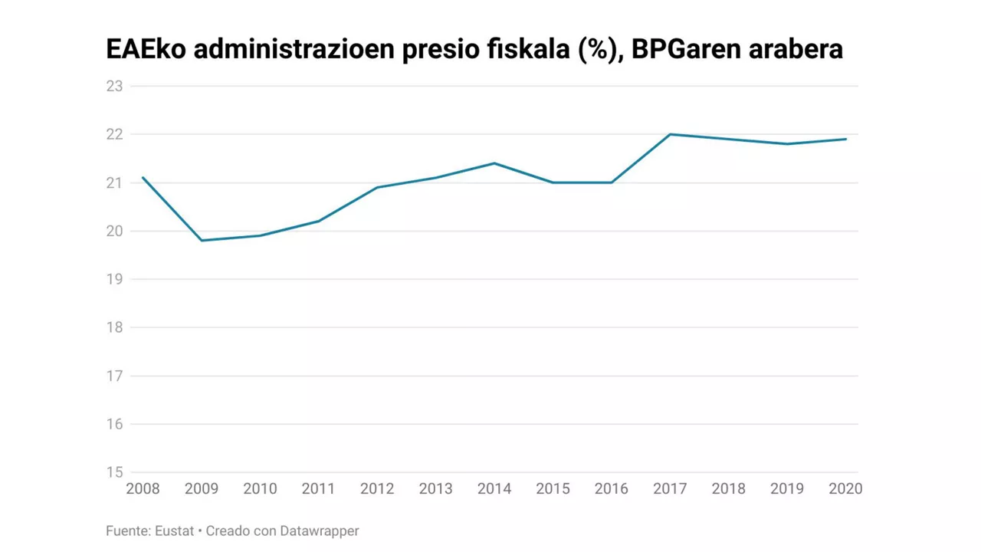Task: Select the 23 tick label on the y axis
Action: point(114,86)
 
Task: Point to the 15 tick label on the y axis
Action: point(114,472)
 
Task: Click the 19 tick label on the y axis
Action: point(114,279)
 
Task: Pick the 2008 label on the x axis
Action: point(143,489)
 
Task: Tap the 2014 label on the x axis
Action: point(494,489)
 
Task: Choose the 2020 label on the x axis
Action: point(845,489)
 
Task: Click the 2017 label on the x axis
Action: point(670,489)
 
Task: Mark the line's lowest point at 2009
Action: point(202,241)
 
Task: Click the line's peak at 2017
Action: point(670,134)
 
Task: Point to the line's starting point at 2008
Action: point(143,178)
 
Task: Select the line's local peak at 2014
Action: point(494,163)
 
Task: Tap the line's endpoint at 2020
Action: point(845,139)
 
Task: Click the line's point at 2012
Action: point(377,187)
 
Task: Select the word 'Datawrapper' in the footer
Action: point(319,531)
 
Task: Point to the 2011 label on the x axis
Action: point(319,489)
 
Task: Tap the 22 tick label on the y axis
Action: point(114,134)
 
